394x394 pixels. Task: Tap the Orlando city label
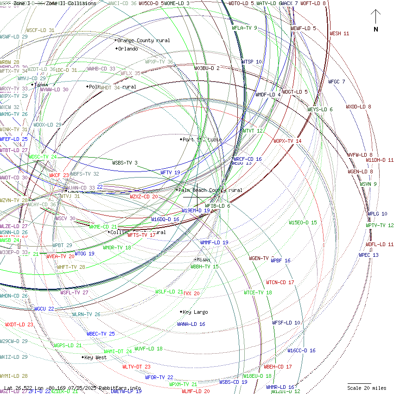point(127,49)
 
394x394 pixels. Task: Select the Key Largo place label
point(195,312)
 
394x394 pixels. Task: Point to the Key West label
point(95,357)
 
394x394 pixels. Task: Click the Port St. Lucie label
point(202,140)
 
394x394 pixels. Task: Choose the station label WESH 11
point(339,33)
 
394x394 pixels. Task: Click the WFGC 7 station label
point(337,82)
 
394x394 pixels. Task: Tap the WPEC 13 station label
point(369,255)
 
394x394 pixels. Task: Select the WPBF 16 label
point(280,261)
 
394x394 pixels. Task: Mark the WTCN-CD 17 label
point(280,282)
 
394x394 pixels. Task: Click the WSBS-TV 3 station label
point(125,163)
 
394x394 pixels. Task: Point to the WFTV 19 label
point(170,172)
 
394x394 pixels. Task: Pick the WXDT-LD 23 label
point(19,324)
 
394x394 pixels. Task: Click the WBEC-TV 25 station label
point(101,334)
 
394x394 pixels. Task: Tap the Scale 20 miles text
point(367,388)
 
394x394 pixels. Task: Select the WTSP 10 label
point(251,62)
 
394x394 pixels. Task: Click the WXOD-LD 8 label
point(358,107)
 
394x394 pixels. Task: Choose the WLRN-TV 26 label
point(86,314)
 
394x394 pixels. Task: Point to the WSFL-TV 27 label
point(74,292)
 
